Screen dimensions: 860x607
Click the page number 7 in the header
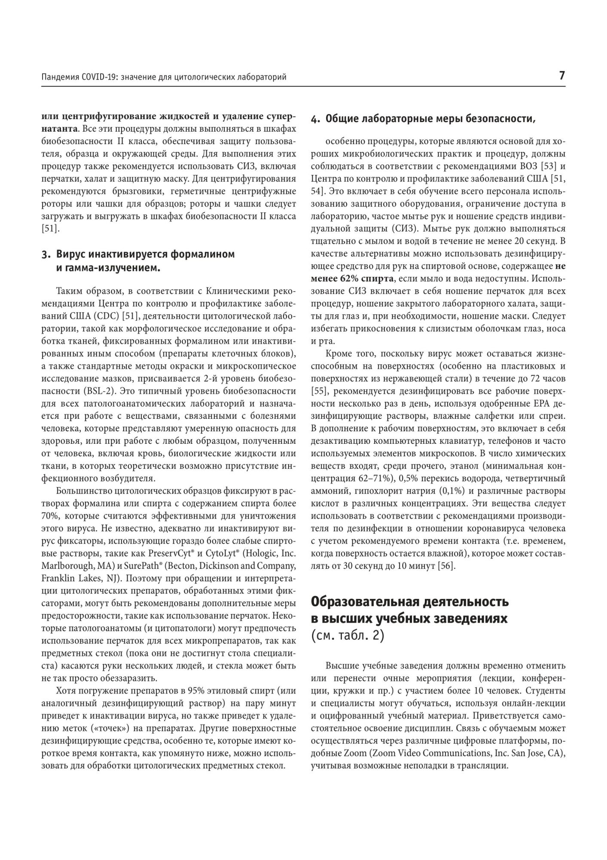pyautogui.click(x=562, y=76)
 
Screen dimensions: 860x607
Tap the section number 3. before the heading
pyautogui.click(x=46, y=254)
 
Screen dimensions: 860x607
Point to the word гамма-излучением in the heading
pyautogui.click(x=106, y=269)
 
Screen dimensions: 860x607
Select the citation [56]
pyautogui.click(x=446, y=566)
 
